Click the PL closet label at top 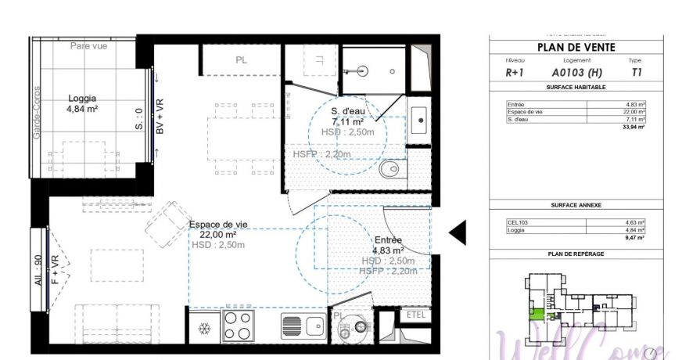pyautogui.click(x=241, y=60)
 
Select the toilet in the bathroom pyautogui.click(x=391, y=168)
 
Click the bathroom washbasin pyautogui.click(x=420, y=121)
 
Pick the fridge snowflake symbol pyautogui.click(x=204, y=327)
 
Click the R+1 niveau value pyautogui.click(x=515, y=72)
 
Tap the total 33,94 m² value pyautogui.click(x=633, y=126)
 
